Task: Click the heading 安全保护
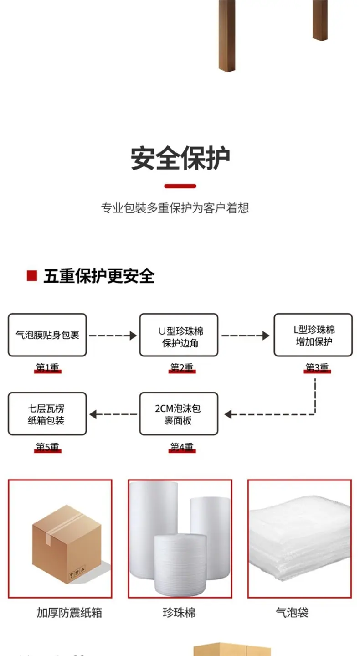[180, 158]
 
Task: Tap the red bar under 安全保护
[180, 186]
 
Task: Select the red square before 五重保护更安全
[32, 276]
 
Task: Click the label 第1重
[47, 367]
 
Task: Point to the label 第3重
[317, 367]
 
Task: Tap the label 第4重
[182, 447]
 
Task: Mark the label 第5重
[47, 447]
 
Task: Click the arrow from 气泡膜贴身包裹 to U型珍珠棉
[113, 336]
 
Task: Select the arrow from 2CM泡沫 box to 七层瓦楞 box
[113, 414]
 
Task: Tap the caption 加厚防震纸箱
[69, 612]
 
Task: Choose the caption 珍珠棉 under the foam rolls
[179, 612]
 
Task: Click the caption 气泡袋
[292, 612]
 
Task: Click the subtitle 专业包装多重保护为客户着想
[175, 208]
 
